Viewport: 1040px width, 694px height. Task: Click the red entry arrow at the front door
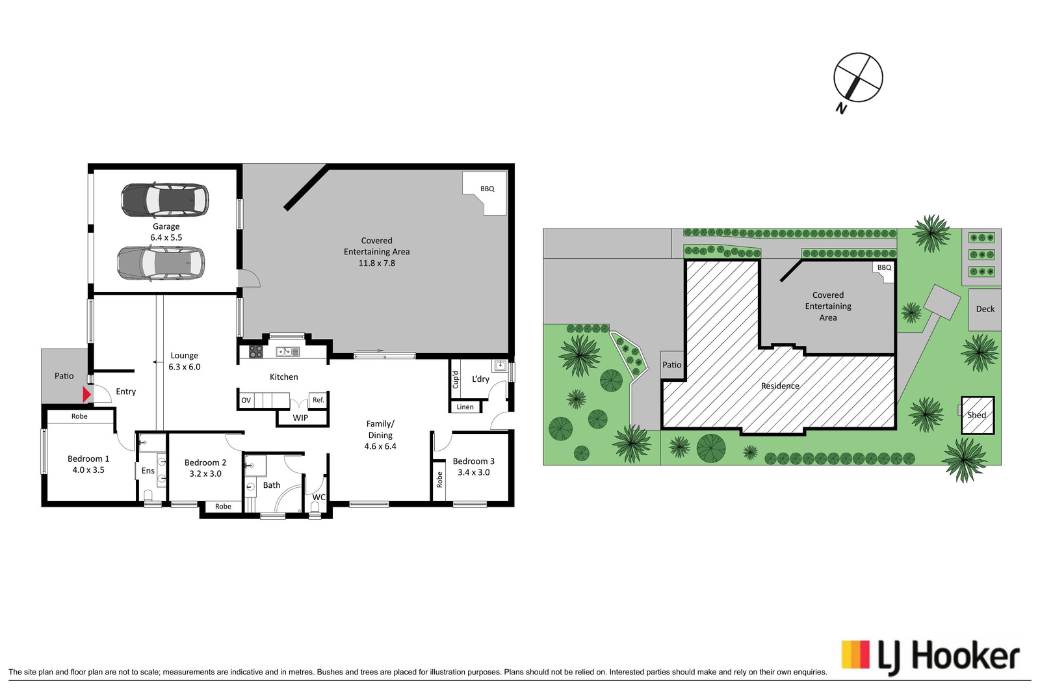86,395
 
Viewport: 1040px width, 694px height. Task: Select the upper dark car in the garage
165,200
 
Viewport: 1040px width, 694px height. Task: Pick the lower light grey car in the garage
161,263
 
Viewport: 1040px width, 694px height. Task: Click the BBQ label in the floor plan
487,189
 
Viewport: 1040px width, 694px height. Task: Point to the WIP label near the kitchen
300,418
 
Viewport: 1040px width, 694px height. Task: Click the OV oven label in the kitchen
246,400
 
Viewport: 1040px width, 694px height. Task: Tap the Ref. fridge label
318,399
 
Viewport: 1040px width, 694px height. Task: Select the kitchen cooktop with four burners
256,352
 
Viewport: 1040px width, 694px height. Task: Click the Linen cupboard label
465,407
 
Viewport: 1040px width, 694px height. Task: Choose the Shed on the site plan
978,415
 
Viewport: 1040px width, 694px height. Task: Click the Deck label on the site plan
985,309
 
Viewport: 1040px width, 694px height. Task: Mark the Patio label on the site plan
672,365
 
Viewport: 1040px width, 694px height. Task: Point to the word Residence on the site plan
780,386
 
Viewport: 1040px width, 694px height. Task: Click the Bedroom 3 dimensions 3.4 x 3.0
474,472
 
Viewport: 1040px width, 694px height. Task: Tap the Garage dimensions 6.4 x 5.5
166,237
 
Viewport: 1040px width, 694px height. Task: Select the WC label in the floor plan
318,497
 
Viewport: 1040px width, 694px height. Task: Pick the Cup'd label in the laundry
456,379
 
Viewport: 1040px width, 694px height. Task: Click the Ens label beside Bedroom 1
148,470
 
